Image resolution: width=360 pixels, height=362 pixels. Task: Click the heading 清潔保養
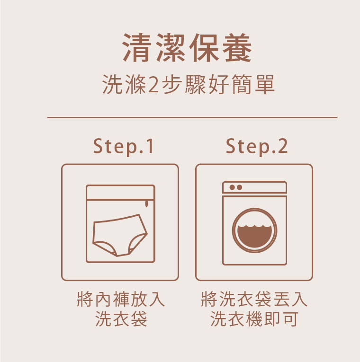tap(187, 48)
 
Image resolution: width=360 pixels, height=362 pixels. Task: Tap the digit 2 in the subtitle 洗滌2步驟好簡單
tap(153, 85)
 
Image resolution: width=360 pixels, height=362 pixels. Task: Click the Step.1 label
tap(123, 147)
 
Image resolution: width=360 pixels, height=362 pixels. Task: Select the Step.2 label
tap(257, 147)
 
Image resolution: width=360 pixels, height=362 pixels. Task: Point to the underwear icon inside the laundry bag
tap(120, 236)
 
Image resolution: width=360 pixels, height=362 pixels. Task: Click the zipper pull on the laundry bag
tap(146, 204)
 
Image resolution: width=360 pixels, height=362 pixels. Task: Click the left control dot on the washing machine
tap(232, 187)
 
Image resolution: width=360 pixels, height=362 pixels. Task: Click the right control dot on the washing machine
tap(239, 187)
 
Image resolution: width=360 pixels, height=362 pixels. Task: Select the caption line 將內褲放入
tap(121, 299)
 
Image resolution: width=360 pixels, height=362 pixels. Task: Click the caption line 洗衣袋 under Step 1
tap(121, 319)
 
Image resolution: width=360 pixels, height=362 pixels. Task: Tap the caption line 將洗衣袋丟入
tap(254, 299)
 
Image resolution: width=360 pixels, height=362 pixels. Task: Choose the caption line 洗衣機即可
tap(254, 319)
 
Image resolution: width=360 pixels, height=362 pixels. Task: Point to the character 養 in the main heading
tap(237, 48)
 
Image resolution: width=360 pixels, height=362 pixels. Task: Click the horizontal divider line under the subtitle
tap(192, 117)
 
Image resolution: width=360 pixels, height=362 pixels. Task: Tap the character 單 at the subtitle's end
tap(265, 85)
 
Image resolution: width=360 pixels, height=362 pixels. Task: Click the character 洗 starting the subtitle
tap(112, 85)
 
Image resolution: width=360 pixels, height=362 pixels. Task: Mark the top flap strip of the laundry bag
tap(120, 192)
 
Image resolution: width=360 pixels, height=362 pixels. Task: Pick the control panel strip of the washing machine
tap(254, 187)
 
